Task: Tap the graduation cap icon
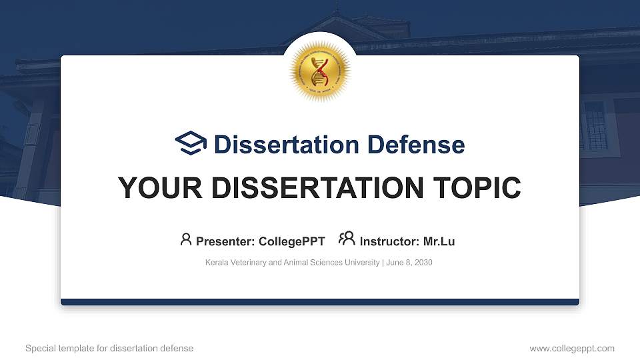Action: click(191, 143)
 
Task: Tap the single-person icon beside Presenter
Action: click(186, 239)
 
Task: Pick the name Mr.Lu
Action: click(439, 241)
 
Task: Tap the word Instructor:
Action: click(389, 241)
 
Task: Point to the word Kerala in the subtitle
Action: click(217, 263)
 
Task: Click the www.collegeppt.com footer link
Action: click(571, 348)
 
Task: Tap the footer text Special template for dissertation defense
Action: click(109, 348)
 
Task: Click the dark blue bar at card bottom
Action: click(320, 302)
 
